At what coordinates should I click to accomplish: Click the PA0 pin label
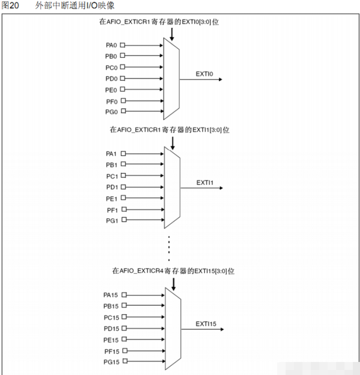[111, 45]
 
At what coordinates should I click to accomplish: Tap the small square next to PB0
[122, 55]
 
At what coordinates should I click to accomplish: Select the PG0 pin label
[112, 112]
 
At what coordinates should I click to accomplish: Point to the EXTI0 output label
[205, 74]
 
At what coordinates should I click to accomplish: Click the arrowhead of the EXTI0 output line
[221, 79]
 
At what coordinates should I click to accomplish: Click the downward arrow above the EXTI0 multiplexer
[172, 34]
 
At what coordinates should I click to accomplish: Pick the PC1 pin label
[112, 177]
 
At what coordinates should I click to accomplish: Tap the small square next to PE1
[124, 198]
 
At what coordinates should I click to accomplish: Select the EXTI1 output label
[205, 183]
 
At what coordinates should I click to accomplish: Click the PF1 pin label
[112, 211]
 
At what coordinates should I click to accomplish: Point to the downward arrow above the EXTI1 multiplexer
[172, 143]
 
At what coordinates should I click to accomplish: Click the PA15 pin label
[110, 295]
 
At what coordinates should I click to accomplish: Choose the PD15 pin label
[111, 329]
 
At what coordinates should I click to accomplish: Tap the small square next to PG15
[125, 361]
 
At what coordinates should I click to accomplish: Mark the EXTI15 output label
[206, 324]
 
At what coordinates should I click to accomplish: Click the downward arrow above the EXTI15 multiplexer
[173, 284]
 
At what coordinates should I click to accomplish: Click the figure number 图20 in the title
[10, 5]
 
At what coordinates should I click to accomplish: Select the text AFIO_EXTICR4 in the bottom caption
[141, 271]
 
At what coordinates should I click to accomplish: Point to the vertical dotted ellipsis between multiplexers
[169, 248]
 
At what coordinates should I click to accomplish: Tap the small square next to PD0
[122, 79]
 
